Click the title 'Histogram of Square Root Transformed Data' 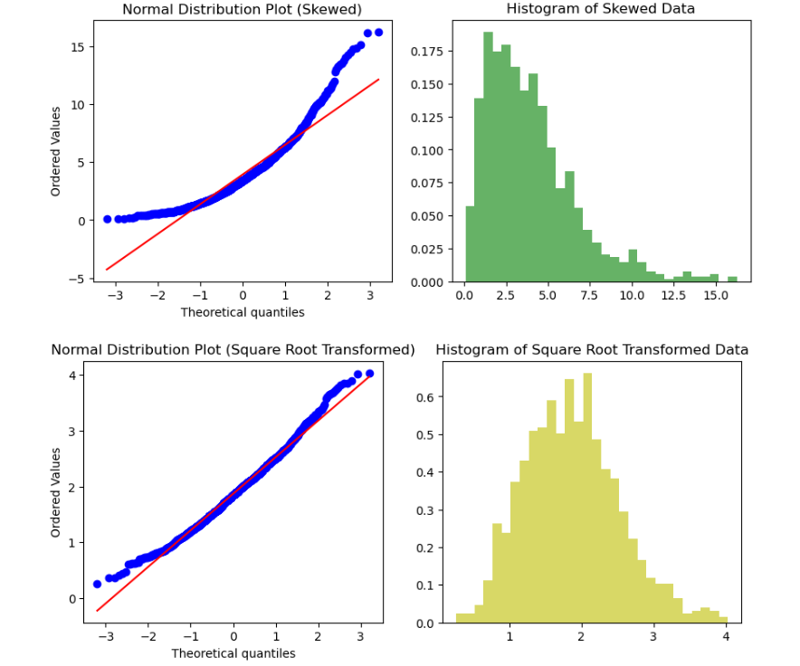click(x=592, y=349)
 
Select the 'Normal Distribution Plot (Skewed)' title click(x=242, y=9)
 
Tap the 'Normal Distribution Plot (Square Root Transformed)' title click(x=233, y=349)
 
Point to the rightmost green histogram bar click(x=732, y=279)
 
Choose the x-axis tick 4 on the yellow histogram click(x=726, y=637)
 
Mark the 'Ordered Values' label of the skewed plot click(x=56, y=151)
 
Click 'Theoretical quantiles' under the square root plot click(x=233, y=653)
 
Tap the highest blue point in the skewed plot click(x=378, y=33)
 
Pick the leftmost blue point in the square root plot click(x=98, y=584)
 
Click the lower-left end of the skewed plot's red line click(x=107, y=269)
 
